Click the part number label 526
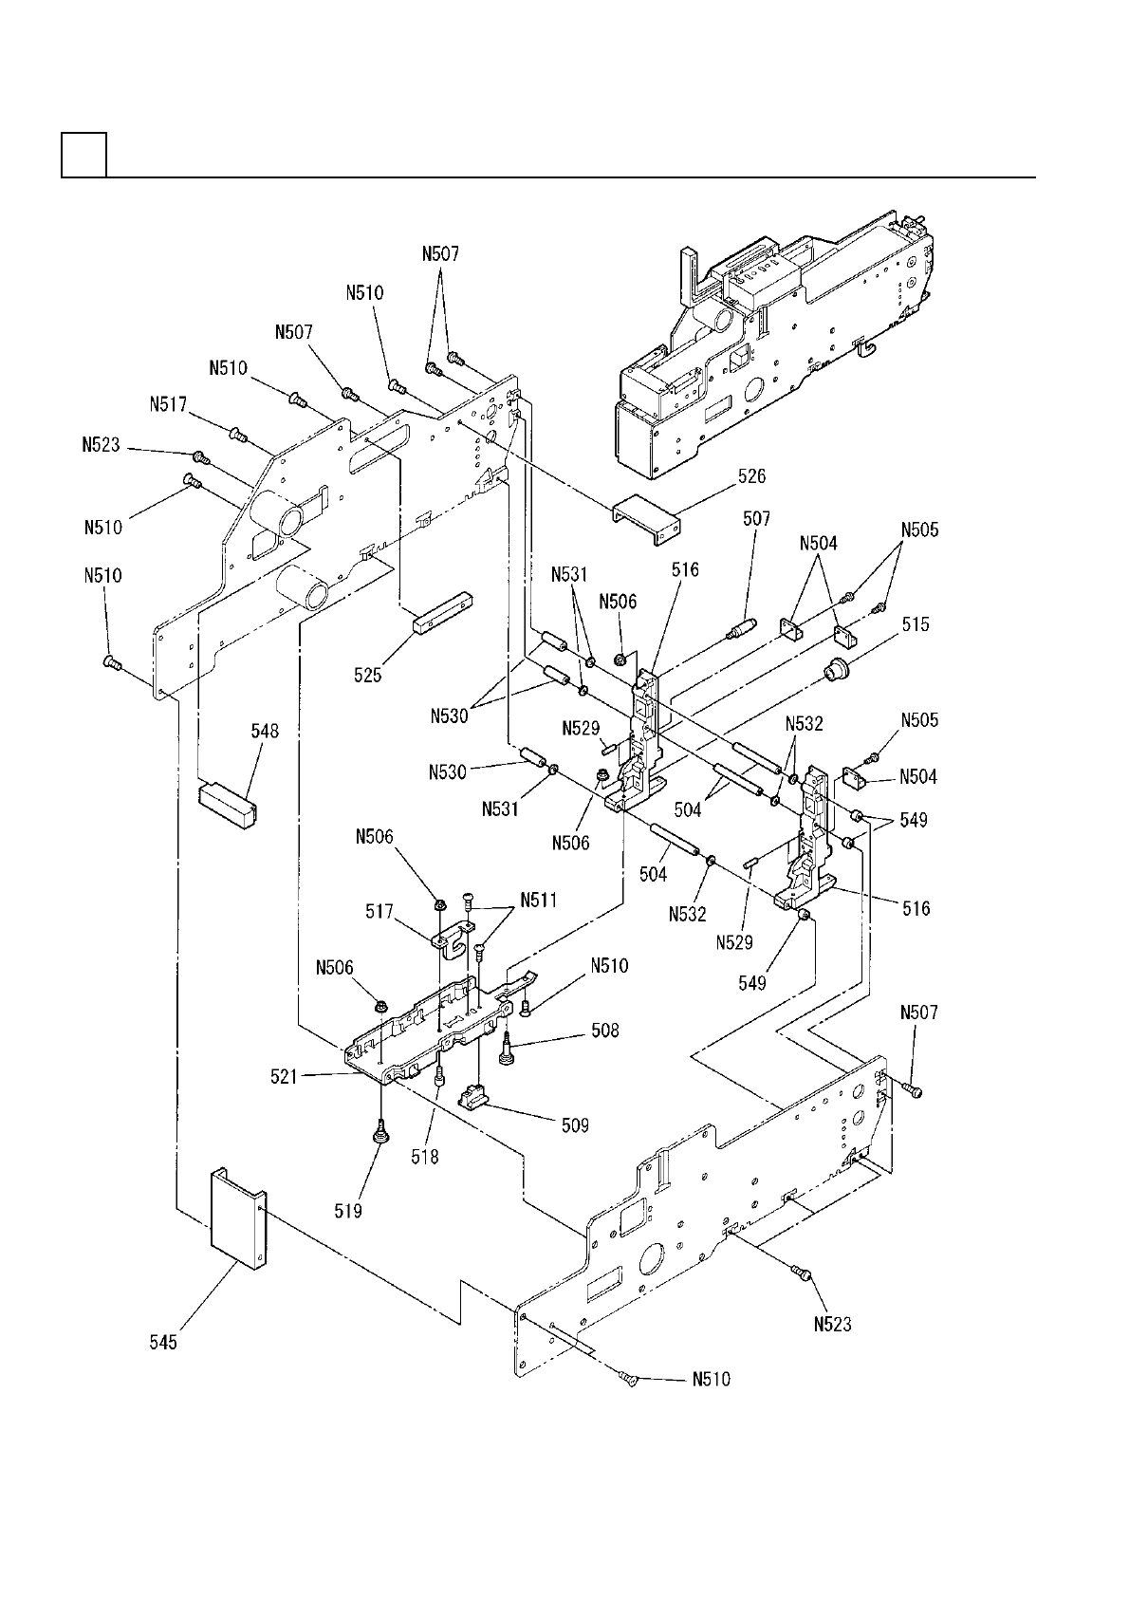(751, 476)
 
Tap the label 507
(756, 519)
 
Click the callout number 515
(916, 624)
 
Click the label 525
(368, 675)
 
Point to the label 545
(163, 1342)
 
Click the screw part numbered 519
(379, 1131)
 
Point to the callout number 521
(285, 1076)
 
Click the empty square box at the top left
(83, 156)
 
